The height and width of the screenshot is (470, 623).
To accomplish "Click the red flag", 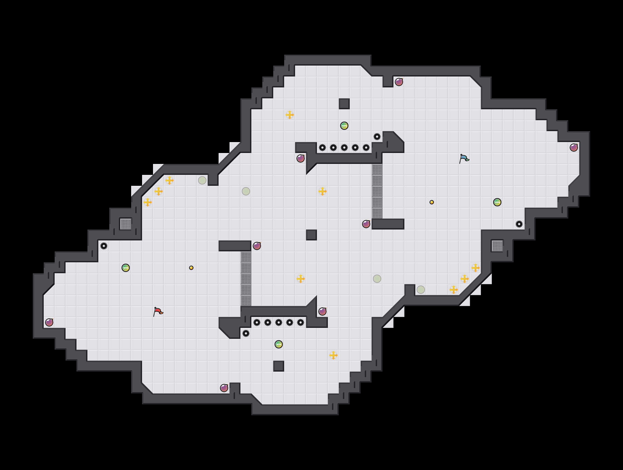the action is coord(158,312).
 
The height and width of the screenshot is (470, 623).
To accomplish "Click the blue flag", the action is coord(464,158).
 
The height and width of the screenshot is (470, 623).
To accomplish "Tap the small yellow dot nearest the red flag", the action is coord(191,268).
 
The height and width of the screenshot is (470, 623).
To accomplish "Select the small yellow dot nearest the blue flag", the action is coord(431,202).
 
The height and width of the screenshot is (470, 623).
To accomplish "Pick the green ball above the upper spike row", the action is coord(344,126).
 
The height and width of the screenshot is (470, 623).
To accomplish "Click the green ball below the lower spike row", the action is coord(278,344).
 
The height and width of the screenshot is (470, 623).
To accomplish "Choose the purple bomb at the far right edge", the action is coord(574,148).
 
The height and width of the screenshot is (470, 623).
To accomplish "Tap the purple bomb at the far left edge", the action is coord(49,322).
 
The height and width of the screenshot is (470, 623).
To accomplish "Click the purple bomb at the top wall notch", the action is coord(399,82).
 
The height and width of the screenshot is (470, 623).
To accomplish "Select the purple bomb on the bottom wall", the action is coord(224,388).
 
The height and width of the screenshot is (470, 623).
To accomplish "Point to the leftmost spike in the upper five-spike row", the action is coord(322,148).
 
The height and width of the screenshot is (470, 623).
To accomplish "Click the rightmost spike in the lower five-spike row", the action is coord(301,322).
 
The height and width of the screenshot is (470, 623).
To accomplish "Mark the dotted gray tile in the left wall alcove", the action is coord(126,224).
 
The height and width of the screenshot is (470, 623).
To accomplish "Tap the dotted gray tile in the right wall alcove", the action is coord(497,246).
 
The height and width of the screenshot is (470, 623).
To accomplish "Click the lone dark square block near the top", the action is coord(344,104).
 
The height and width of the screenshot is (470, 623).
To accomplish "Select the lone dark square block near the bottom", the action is coord(278,366).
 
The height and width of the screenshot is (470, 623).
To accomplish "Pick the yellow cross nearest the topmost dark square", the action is coord(290,114).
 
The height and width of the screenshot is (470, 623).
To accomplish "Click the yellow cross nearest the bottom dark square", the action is coord(333,355).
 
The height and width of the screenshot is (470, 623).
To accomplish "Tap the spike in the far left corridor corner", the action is coord(104,246).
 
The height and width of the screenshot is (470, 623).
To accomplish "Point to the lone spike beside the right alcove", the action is coord(519,224).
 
